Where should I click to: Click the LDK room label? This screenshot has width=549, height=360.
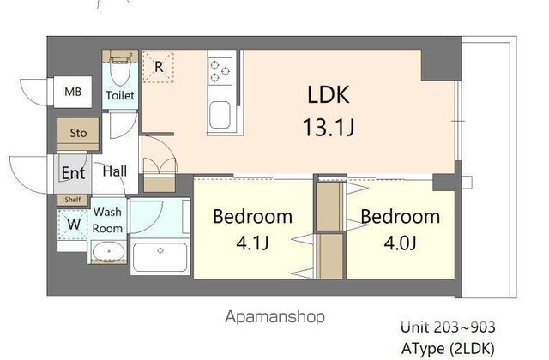coord(329,94)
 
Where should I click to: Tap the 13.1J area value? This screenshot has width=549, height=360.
coord(329,127)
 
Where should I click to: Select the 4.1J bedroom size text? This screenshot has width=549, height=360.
coord(252,243)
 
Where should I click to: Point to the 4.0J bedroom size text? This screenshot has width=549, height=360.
coord(401,243)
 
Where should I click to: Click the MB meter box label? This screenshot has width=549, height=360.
coord(73,92)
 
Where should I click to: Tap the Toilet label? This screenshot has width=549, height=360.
coord(120,95)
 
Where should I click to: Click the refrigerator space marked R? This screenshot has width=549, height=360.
coord(158,67)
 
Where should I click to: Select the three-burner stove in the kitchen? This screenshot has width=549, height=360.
coord(220,71)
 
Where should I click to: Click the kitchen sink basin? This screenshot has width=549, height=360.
coord(220,115)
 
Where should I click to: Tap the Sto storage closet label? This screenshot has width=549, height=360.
coord(78,133)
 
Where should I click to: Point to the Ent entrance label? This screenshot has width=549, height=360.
coord(73,173)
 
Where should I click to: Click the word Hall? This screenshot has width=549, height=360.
coord(115,171)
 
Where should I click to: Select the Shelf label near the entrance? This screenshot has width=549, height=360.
coord(72,200)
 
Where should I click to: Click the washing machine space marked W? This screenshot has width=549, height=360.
coord(73,225)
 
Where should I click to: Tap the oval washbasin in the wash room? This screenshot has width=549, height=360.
coord(109,251)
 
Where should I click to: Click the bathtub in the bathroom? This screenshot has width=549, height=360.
coord(160,257)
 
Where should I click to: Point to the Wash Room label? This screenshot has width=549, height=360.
coord(107,220)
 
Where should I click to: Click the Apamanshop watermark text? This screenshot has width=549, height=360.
coord(274,317)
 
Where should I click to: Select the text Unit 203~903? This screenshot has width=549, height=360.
coord(448,327)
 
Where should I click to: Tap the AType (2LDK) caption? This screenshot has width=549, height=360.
coord(448,349)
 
